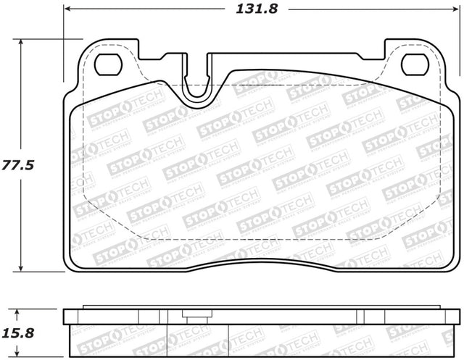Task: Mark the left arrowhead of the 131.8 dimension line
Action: pyautogui.click(x=68, y=10)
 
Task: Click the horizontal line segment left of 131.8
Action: pyautogui.click(x=145, y=10)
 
